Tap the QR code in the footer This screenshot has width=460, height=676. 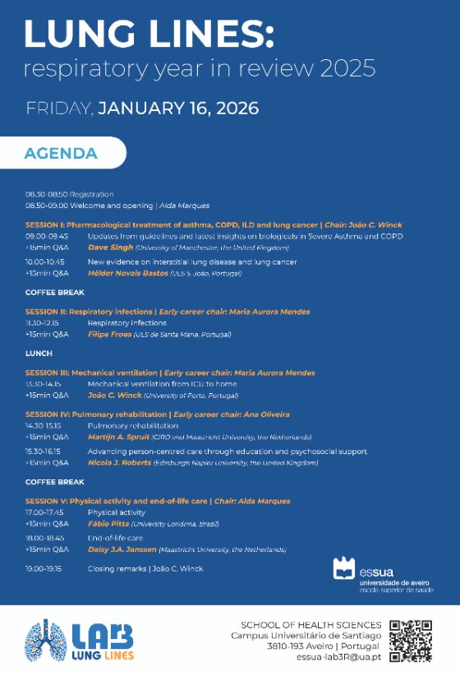[411, 640]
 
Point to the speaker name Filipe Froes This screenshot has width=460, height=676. [110, 335]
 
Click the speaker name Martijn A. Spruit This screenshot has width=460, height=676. [122, 437]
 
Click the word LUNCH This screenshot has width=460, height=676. [39, 354]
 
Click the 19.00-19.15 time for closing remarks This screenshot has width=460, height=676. [46, 568]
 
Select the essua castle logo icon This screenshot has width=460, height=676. [344, 568]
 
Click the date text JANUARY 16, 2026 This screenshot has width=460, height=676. [178, 109]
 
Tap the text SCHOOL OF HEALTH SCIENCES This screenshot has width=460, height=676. [310, 625]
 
